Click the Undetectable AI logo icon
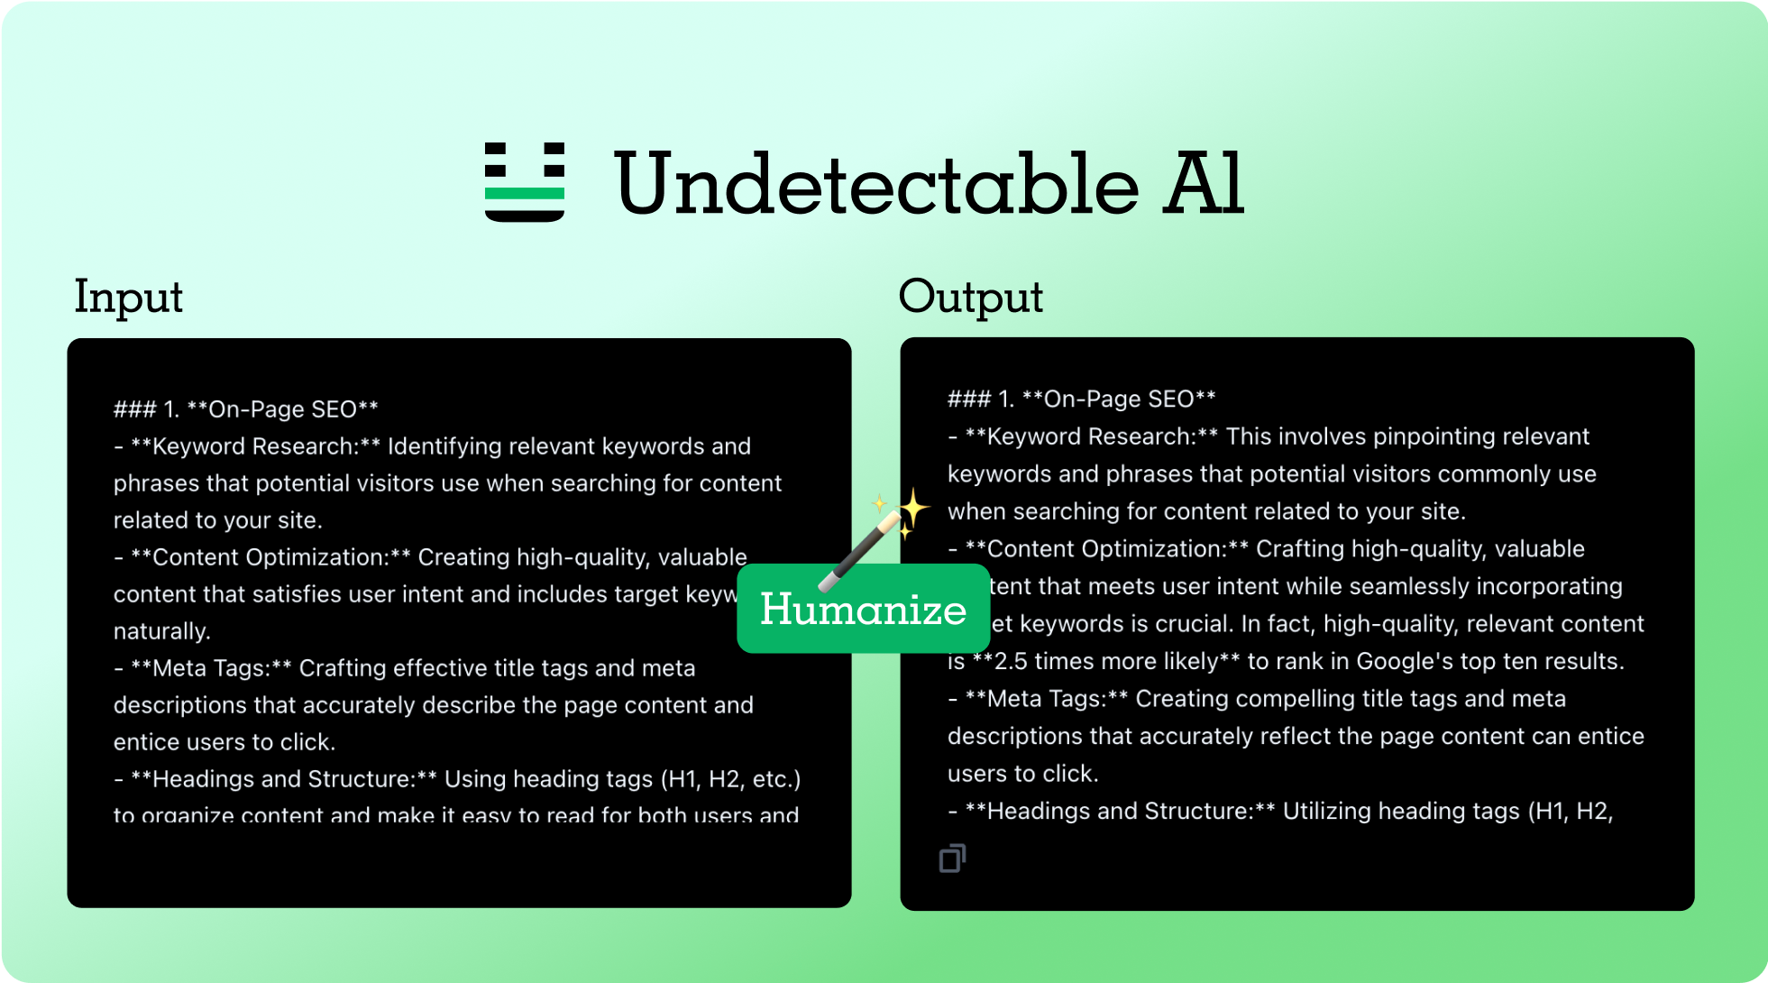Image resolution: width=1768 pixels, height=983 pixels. (525, 181)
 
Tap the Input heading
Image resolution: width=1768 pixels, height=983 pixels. (129, 297)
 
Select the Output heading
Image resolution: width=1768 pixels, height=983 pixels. (971, 297)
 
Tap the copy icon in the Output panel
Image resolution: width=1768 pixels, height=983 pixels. (952, 859)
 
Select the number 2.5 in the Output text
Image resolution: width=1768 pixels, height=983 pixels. (1011, 661)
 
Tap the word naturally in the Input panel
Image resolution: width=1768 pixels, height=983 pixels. (160, 631)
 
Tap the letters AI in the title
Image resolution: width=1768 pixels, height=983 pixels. (1204, 184)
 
